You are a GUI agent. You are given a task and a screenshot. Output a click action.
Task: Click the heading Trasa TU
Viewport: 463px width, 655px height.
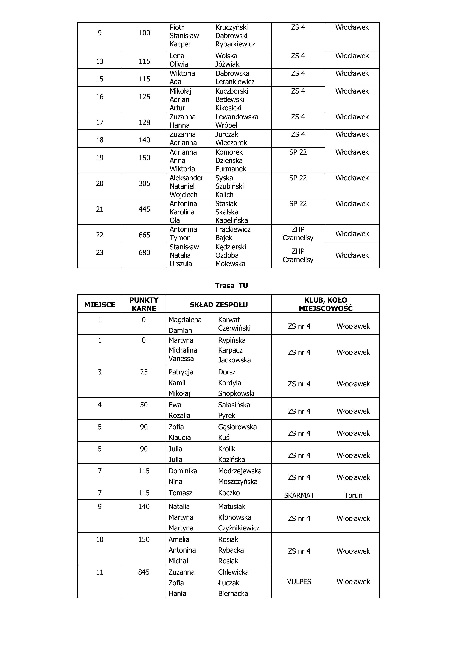(x=231, y=286)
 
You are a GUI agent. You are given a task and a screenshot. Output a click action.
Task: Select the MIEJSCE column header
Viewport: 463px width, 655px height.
(x=100, y=305)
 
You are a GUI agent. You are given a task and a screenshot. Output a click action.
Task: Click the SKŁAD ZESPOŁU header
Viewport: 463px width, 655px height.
(x=218, y=305)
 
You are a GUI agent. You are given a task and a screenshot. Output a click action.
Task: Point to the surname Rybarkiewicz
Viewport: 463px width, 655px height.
(x=235, y=44)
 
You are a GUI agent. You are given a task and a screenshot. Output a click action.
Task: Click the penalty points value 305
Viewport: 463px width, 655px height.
(x=144, y=183)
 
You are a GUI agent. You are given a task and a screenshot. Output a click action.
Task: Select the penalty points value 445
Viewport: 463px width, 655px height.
(x=144, y=209)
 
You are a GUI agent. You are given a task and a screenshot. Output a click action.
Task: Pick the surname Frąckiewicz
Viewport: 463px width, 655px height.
(x=233, y=229)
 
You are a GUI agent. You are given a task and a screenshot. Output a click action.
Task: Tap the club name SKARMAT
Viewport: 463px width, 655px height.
(x=299, y=495)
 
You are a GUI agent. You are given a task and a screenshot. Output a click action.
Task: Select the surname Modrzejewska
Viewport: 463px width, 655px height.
(x=240, y=471)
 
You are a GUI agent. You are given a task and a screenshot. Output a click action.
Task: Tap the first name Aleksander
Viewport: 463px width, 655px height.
(x=186, y=178)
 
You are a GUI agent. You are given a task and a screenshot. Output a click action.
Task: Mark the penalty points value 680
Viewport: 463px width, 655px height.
(x=144, y=253)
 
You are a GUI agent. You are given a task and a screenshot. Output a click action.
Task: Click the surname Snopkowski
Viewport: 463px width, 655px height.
(x=236, y=393)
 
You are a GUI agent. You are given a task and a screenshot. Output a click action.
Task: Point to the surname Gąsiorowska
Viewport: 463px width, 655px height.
(x=237, y=427)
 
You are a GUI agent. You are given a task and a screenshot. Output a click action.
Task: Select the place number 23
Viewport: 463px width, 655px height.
(x=100, y=253)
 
